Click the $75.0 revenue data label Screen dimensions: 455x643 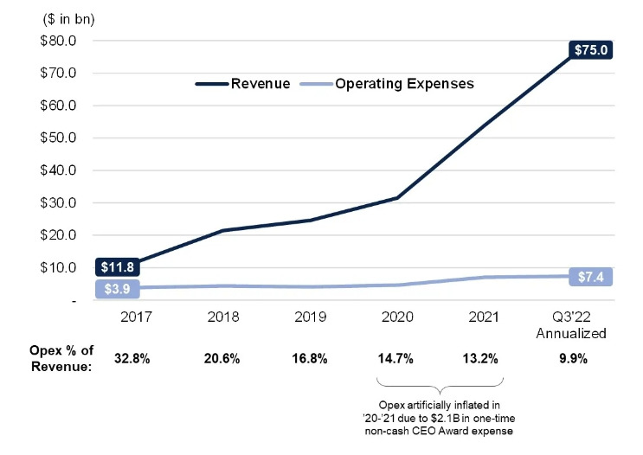click(592, 50)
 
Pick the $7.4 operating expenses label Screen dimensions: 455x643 click(592, 277)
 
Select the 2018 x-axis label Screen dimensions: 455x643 click(222, 317)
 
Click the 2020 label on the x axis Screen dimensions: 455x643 click(396, 317)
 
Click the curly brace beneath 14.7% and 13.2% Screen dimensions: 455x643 click(440, 385)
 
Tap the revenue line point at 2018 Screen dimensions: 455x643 click(222, 230)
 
